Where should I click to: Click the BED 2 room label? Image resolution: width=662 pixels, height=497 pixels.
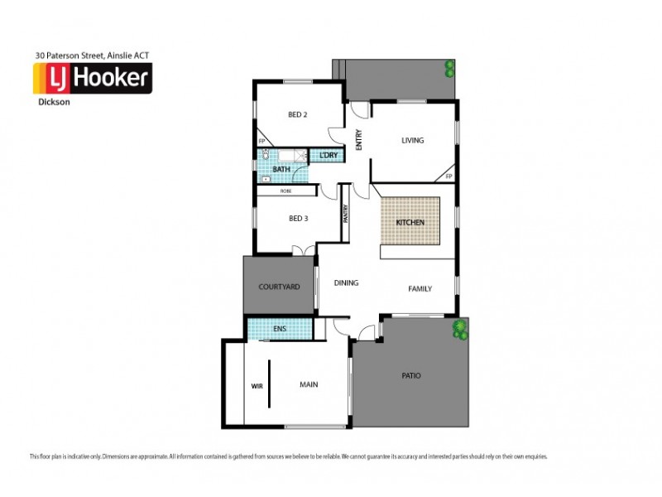[x=298, y=114]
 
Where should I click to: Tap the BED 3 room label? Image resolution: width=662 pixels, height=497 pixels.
[x=298, y=219]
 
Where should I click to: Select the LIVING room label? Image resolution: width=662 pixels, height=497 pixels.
[x=412, y=141]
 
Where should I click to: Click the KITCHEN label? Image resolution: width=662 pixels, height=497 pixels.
[x=410, y=224]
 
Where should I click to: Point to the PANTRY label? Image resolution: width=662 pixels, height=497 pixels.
[x=345, y=213]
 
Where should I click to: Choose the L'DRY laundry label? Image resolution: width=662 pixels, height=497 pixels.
[x=328, y=156]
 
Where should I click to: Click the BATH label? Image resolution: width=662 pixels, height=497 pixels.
[x=281, y=170]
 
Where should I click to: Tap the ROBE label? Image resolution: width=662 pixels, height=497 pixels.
[x=285, y=191]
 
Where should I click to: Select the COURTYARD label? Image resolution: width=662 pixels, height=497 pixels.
[x=278, y=287]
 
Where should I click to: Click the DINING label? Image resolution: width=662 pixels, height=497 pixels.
[x=346, y=283]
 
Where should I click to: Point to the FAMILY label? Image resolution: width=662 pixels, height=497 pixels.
[x=420, y=289]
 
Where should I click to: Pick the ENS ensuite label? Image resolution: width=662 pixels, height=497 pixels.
[x=280, y=329]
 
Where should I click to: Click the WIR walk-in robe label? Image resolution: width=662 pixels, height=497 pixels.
[x=256, y=385]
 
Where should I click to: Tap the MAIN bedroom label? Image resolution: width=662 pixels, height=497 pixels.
[x=309, y=385]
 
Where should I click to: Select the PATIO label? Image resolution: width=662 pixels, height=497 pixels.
[x=411, y=376]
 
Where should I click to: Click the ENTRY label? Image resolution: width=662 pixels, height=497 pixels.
[x=359, y=142]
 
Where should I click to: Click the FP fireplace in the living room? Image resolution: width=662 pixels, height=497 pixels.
[x=449, y=176]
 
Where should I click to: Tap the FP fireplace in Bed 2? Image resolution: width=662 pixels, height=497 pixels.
[x=261, y=142]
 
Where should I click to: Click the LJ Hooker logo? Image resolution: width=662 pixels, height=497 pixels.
[x=91, y=80]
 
